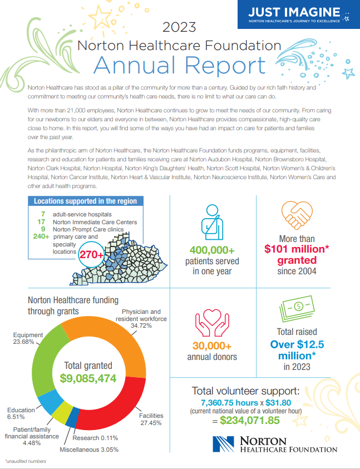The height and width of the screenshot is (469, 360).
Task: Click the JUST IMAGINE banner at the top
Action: pos(294,15)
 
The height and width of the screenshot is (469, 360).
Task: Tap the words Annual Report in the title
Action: pos(179,65)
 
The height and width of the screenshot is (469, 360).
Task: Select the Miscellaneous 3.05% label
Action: pos(89,449)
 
